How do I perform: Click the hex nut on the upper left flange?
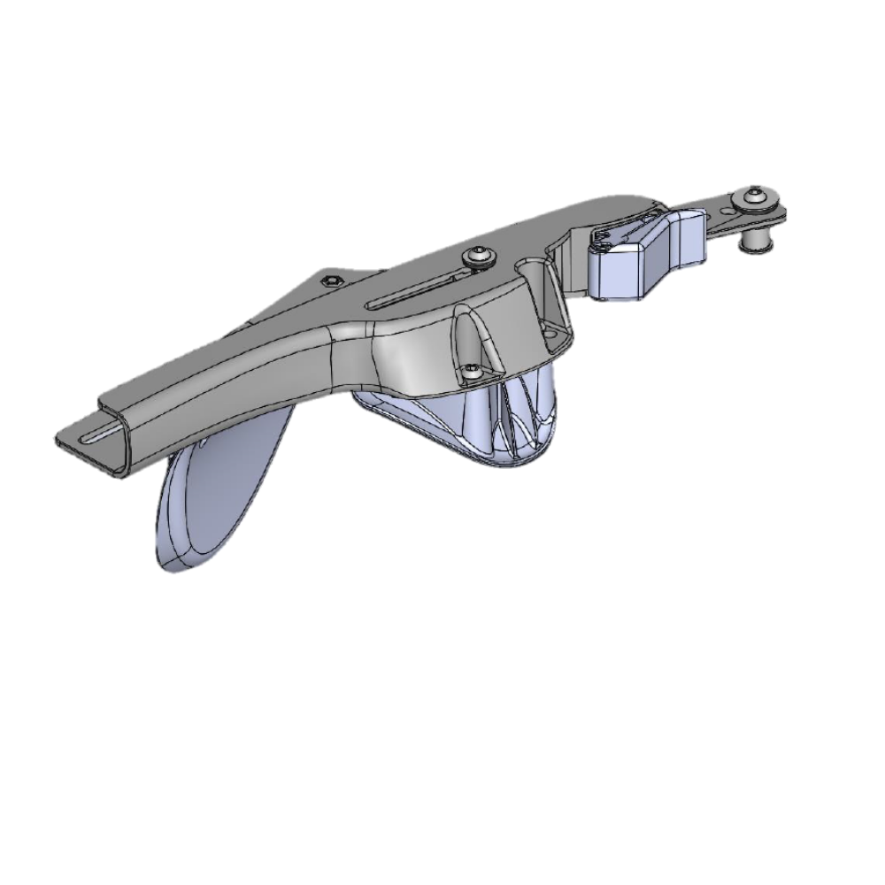[x=329, y=281]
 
